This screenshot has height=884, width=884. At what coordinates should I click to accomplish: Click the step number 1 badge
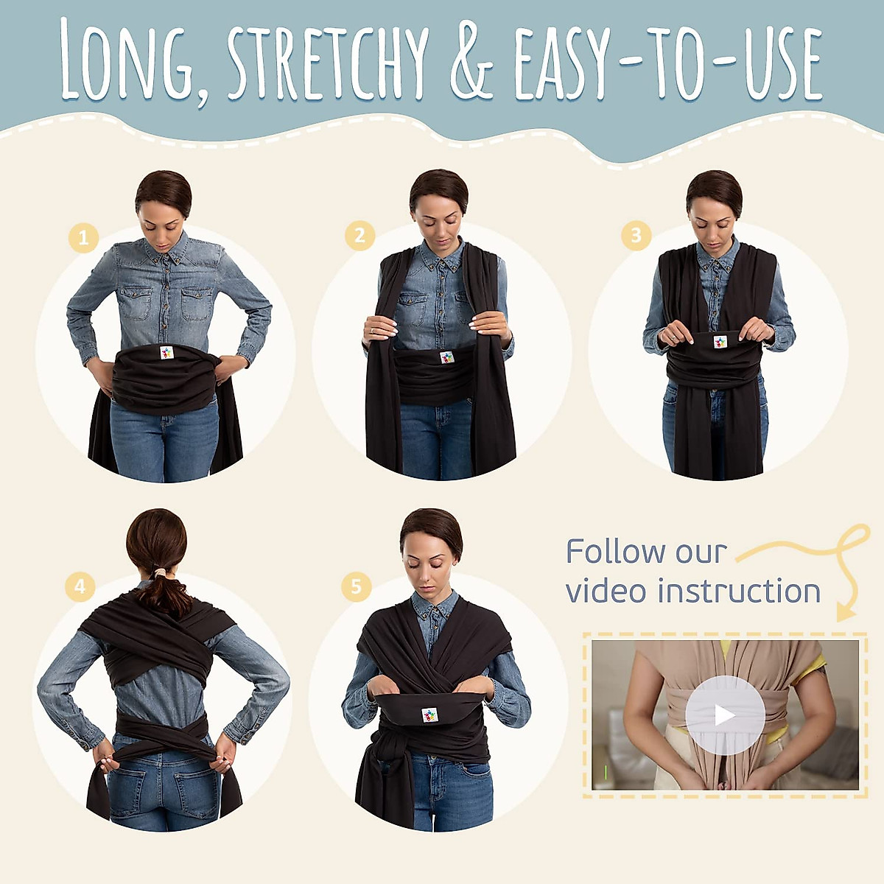83,237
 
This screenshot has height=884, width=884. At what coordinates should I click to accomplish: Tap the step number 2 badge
359,235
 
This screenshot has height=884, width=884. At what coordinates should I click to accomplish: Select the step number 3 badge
636,235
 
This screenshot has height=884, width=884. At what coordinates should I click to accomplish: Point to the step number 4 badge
80,586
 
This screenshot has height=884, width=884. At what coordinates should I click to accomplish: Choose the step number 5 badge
356,586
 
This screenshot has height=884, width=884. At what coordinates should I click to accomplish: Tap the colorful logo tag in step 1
167,352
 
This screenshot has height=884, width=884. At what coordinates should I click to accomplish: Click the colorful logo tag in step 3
720,342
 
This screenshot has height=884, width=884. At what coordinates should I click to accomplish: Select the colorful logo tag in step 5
429,715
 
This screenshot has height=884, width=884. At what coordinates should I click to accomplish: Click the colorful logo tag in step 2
446,358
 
